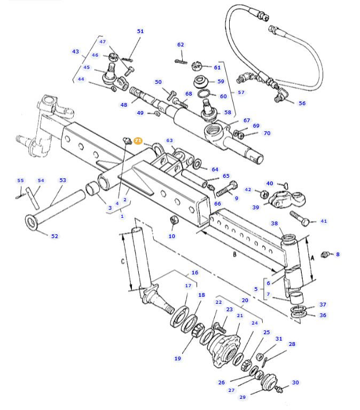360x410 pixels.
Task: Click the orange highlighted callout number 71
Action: point(138,141)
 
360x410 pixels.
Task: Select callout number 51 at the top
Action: point(140,31)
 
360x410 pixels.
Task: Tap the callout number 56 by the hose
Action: point(302,103)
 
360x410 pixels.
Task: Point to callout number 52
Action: point(54,236)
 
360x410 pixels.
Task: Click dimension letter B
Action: point(234,254)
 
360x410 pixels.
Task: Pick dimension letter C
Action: point(123,261)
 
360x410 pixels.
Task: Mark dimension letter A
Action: point(312,258)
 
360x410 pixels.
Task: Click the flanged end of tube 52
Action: point(32,222)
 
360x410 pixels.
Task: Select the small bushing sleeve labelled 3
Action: point(92,189)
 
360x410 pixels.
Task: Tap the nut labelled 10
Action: point(173,220)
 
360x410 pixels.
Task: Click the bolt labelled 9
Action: point(226,188)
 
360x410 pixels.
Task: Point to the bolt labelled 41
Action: point(300,218)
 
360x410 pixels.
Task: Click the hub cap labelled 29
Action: point(269,382)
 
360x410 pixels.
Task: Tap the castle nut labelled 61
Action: point(197,66)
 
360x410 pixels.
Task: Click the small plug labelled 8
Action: point(325,254)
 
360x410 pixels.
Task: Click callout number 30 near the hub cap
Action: point(295,383)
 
